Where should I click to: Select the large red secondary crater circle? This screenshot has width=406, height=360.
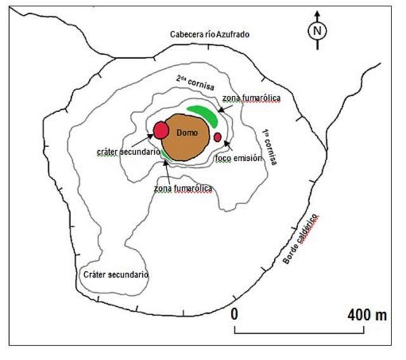(x=160, y=131)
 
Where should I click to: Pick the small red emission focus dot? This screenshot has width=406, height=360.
(x=218, y=137)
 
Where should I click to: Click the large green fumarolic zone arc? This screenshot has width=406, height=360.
(x=204, y=113)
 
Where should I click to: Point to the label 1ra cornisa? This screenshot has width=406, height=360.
(x=268, y=146)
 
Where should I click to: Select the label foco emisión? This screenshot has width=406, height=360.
(x=239, y=158)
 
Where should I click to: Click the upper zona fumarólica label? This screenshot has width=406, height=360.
(x=251, y=99)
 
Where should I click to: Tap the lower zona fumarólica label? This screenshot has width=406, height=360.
(x=183, y=188)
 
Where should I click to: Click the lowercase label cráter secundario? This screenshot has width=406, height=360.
(x=125, y=153)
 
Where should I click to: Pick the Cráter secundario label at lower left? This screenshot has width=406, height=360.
(x=116, y=275)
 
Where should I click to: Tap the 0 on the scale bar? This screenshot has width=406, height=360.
(x=235, y=314)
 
